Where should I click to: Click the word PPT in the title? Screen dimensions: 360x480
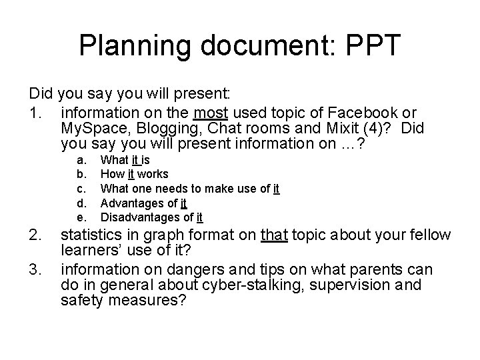pos(365,45)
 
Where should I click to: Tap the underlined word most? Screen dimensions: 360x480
pos(208,113)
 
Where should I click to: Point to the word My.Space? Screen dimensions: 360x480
pos(91,129)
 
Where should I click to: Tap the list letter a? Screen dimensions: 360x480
pos(81,160)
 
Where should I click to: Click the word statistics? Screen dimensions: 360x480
pos(91,235)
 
